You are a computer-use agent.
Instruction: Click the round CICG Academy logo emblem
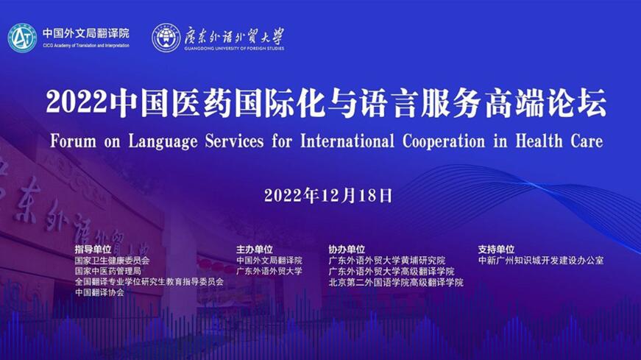point(22,38)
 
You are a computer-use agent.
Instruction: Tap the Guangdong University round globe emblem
point(166,38)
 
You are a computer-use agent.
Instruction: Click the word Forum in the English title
point(73,141)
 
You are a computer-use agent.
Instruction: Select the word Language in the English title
point(163,142)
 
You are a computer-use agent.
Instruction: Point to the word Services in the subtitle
point(234,141)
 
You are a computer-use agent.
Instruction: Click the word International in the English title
point(347,141)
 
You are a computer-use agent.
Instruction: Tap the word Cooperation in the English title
point(444,142)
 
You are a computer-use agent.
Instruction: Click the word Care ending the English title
point(587,141)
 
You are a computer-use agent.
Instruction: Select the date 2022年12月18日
point(328,196)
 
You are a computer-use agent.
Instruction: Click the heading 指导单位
point(93,249)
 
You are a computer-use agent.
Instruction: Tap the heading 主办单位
point(255,249)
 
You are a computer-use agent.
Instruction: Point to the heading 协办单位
point(347,249)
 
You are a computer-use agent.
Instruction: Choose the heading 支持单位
point(496,249)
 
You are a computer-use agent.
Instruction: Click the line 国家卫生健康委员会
point(112,260)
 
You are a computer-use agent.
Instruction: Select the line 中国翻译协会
point(99,292)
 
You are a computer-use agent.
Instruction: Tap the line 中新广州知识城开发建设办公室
point(541,260)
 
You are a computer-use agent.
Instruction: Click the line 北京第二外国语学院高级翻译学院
point(396,282)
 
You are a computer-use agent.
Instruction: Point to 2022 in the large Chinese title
point(77,102)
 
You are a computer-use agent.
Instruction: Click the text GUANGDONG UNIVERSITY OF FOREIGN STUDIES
point(234,49)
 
